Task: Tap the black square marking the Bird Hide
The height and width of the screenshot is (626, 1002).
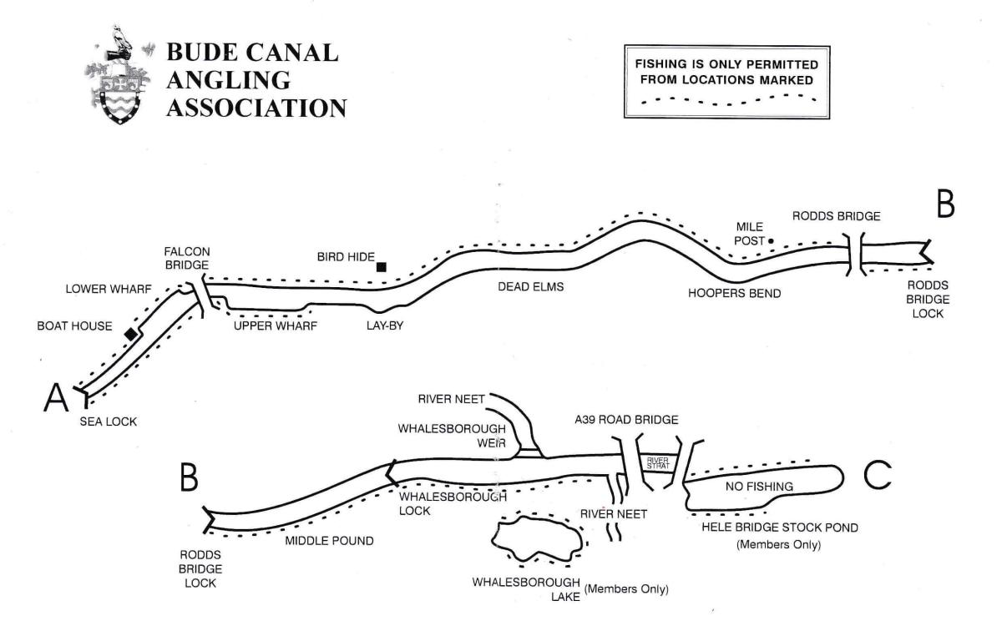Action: coord(381,267)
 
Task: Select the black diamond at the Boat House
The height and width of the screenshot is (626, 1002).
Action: coord(130,334)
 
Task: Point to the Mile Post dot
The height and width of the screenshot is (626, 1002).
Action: coord(771,241)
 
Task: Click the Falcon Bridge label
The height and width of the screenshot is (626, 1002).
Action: coord(188,258)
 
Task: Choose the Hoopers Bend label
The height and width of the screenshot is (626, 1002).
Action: coord(727,294)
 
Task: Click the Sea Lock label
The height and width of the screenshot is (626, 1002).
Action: coord(109,422)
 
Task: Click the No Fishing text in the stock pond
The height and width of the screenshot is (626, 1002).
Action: coord(757,486)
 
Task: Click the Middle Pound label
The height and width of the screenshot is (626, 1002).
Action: coord(329,541)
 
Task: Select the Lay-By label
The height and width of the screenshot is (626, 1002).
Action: coord(385,326)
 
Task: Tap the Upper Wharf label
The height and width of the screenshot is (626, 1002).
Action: coord(275,326)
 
